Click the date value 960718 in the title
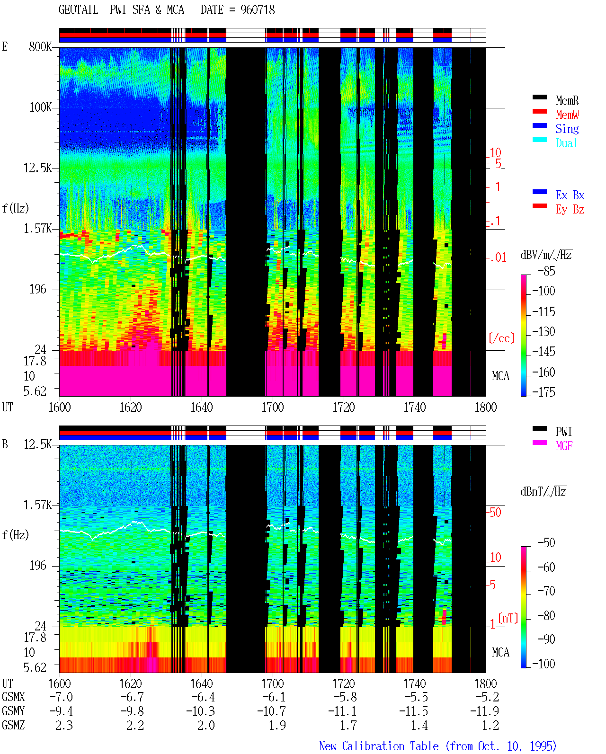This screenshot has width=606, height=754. coord(257,10)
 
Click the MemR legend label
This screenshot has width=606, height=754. coord(567,100)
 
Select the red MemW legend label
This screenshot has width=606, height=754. coord(567,115)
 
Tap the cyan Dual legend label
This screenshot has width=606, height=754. coord(566,143)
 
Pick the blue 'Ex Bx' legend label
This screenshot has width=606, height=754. coord(570,195)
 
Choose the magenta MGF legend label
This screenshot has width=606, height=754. coord(564,446)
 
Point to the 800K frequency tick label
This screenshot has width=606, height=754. coord(40,46)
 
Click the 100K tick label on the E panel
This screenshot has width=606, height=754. coord(40,107)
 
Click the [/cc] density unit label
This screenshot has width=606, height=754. coord(501,338)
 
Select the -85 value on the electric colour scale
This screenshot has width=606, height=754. coord(546,271)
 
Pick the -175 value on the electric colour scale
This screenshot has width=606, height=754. coord(544,392)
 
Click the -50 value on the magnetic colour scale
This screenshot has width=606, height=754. coord(546,543)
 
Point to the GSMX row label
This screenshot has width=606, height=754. coord(13,697)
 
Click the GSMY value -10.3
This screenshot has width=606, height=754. coord(200,711)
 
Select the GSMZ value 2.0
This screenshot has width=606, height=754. coord(206,725)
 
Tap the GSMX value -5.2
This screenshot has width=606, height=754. coord(487,697)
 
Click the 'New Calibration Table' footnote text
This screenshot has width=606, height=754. coord(379,746)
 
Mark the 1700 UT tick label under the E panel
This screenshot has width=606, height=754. coord(272,407)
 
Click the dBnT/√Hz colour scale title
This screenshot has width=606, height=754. coord(543,492)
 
